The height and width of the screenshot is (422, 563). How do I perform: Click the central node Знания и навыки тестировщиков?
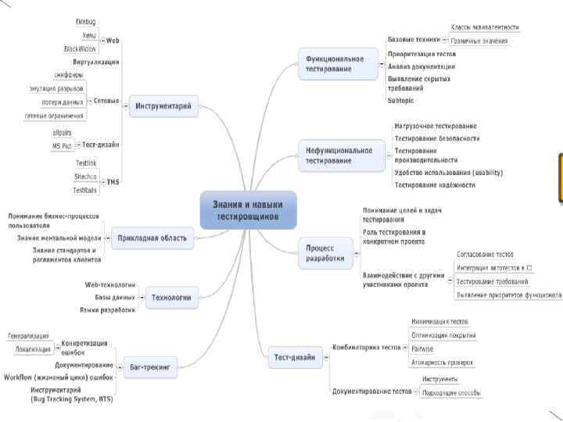248,209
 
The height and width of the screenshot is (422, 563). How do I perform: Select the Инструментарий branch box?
163,106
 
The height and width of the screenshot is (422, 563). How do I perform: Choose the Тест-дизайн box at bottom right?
295,357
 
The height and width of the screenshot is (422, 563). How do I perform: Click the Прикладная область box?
152,238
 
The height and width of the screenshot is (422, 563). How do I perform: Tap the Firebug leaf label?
86,22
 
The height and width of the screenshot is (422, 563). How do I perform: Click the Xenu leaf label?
88,35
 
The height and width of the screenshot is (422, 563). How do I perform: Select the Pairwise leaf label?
422,349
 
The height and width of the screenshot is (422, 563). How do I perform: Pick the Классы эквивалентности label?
485,27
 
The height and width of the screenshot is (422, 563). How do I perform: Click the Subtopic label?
401,100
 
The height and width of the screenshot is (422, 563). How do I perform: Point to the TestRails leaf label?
84,190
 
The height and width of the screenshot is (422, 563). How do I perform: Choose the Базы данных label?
114,297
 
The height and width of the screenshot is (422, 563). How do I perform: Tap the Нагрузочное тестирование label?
436,126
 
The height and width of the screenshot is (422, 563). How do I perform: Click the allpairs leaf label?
61,133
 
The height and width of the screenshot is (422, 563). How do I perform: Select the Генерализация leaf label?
28,336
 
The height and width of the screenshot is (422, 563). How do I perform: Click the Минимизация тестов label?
440,321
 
